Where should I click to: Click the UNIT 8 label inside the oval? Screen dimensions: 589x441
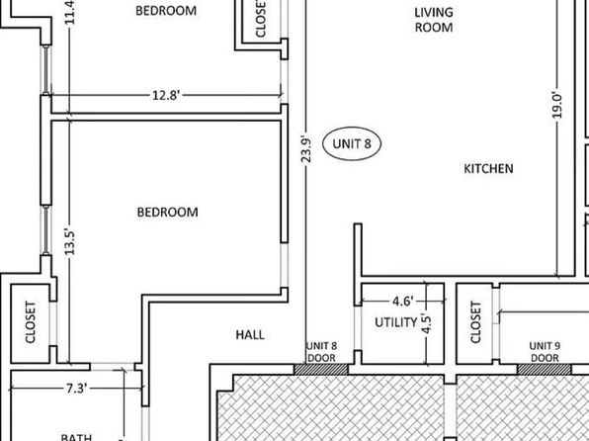pos(352,143)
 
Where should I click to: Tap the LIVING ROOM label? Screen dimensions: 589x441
pos(434,20)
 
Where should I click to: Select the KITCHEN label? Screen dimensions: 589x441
pos(488,168)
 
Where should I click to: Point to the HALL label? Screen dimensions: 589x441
pos(250,334)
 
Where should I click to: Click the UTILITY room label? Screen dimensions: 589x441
pos(396,322)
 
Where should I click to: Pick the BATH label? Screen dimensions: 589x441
pos(76,437)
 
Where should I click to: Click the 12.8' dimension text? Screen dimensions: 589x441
pos(166,95)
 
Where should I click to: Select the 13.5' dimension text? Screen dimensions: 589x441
pos(70,241)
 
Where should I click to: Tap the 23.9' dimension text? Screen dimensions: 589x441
pos(306,150)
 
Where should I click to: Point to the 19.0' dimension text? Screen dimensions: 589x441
pos(557,106)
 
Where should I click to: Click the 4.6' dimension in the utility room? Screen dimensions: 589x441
pos(402,302)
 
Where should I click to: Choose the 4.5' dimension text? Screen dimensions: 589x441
pos(427,323)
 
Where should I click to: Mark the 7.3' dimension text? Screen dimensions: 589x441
pos(77,388)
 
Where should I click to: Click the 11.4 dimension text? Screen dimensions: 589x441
pos(70,13)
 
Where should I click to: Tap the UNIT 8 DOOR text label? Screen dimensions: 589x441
pos(321,352)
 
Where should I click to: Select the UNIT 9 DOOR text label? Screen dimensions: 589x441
pos(545,352)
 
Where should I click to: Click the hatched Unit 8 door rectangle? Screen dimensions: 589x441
pos(321,369)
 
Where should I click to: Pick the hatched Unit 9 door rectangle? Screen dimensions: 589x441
pos(545,369)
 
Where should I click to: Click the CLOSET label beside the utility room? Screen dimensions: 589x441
pos(475,322)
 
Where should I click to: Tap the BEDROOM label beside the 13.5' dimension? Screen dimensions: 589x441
pos(168,212)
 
